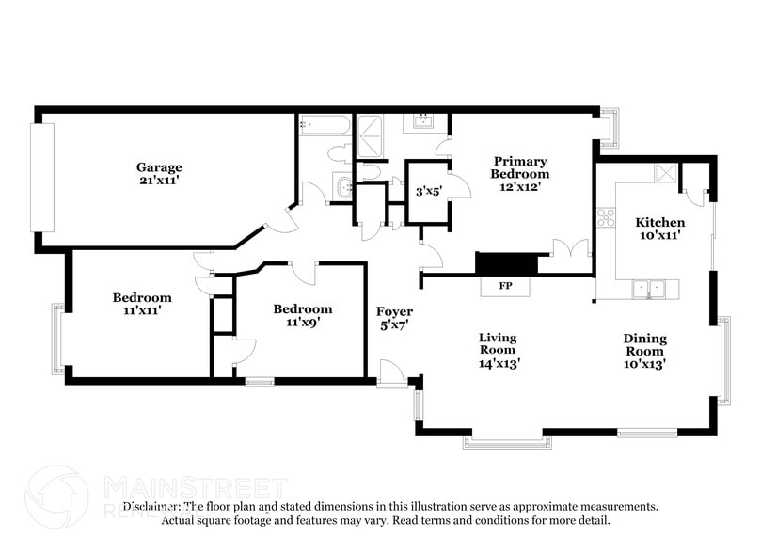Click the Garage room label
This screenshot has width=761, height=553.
[158, 167]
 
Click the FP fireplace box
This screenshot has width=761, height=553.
[505, 286]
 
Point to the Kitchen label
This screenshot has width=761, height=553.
[659, 222]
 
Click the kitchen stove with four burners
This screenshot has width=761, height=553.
[605, 217]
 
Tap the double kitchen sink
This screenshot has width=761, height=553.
[648, 289]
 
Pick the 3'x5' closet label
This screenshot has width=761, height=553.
[428, 192]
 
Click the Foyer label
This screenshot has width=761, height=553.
[394, 311]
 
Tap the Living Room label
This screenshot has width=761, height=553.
[498, 343]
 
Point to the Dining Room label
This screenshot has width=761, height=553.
[644, 344]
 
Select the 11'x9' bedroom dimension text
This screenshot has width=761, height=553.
[302, 322]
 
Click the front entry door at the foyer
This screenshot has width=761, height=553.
[392, 373]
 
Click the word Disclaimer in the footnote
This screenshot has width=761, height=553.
[151, 506]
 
